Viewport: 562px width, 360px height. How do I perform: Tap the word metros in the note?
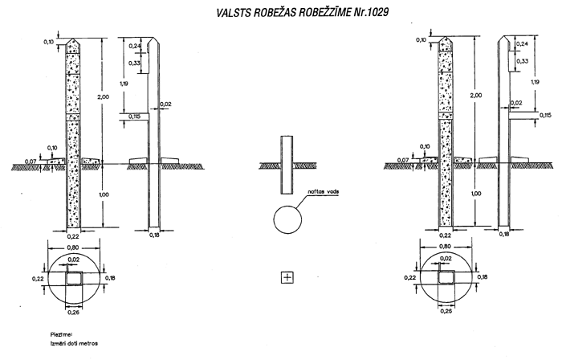coord(88,341)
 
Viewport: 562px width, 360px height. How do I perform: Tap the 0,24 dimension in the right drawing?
coord(521,43)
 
